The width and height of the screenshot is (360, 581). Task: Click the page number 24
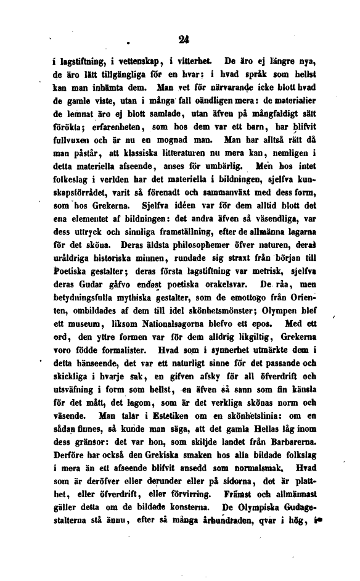pyautogui.click(x=182, y=39)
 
